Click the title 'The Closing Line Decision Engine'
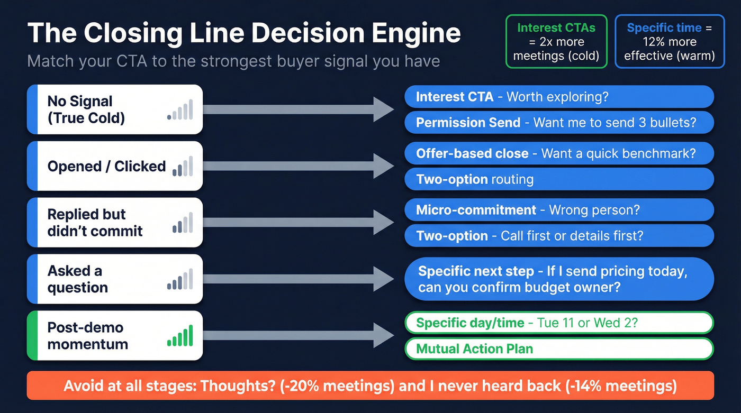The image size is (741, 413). click(x=243, y=33)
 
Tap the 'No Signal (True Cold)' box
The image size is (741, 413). click(x=115, y=109)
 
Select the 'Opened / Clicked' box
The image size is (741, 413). click(x=115, y=166)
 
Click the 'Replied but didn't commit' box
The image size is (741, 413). click(x=115, y=223)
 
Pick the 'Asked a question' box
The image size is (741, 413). click(x=115, y=279)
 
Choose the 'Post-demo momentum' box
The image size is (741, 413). click(x=115, y=335)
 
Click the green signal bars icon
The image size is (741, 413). click(x=180, y=336)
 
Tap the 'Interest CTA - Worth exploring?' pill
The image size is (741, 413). click(x=559, y=97)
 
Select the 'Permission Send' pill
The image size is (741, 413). click(x=559, y=123)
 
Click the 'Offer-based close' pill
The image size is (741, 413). click(x=559, y=154)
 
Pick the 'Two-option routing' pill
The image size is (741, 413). click(x=559, y=179)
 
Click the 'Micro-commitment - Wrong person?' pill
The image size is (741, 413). click(x=559, y=210)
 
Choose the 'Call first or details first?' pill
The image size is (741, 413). click(x=559, y=235)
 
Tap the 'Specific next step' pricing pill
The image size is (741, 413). click(x=559, y=279)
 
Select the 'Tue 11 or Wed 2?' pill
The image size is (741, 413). click(x=559, y=323)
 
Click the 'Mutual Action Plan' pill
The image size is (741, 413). click(x=559, y=348)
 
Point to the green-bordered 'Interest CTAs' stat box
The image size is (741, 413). click(x=556, y=42)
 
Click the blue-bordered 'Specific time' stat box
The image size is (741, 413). click(x=670, y=42)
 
